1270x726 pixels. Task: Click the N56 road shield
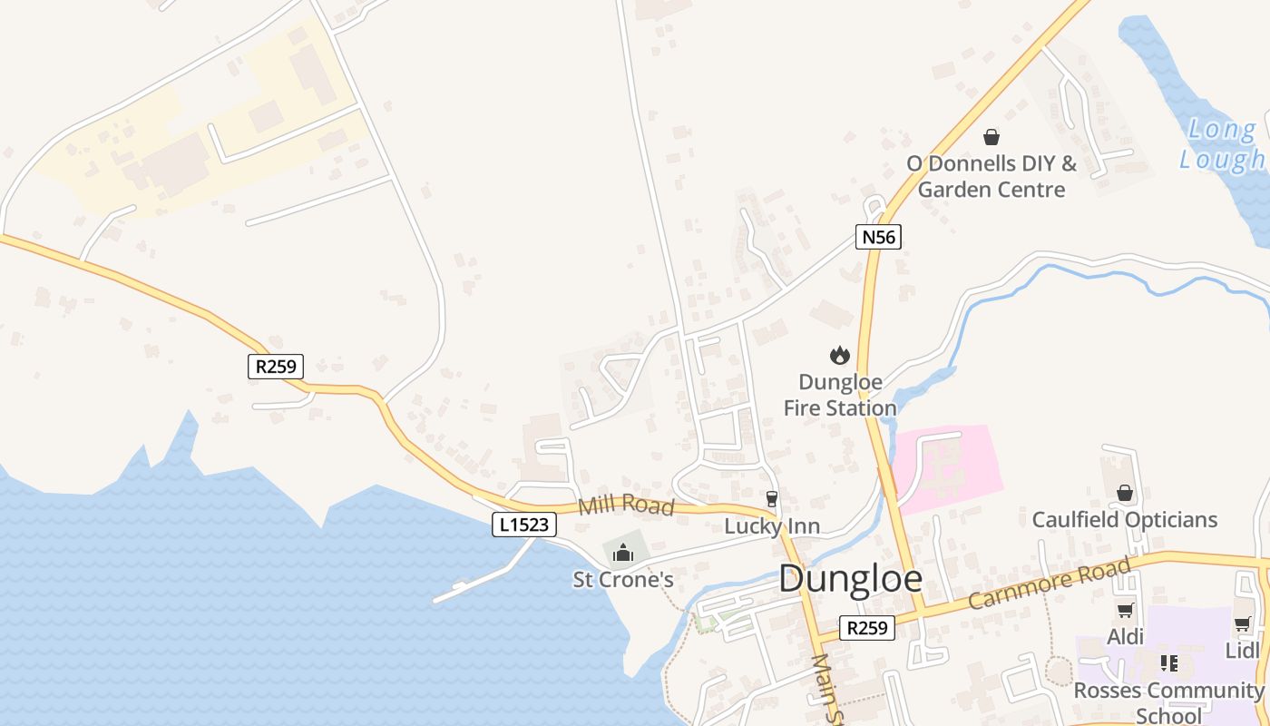pyautogui.click(x=878, y=238)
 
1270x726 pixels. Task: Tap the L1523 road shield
pyautogui.click(x=524, y=524)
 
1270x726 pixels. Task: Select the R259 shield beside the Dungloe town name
pyautogui.click(x=866, y=628)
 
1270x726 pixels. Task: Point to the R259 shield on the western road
pyautogui.click(x=276, y=367)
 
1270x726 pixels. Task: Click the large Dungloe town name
pyautogui.click(x=850, y=579)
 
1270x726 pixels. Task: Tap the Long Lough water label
pyautogui.click(x=1223, y=143)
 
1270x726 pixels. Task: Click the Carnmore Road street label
pyautogui.click(x=1050, y=584)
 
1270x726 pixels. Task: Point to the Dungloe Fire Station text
pyautogui.click(x=840, y=395)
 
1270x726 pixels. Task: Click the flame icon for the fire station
pyautogui.click(x=840, y=355)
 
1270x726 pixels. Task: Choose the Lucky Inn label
pyautogui.click(x=772, y=526)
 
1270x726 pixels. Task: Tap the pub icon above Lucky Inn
pyautogui.click(x=772, y=498)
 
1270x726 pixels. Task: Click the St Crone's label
pyautogui.click(x=623, y=579)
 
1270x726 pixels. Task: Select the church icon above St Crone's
pyautogui.click(x=623, y=552)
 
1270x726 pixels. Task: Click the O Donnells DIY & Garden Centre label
pyautogui.click(x=992, y=176)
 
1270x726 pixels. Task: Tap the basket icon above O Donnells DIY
pyautogui.click(x=992, y=137)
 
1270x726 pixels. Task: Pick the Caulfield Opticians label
pyautogui.click(x=1125, y=520)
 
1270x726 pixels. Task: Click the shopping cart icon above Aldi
pyautogui.click(x=1125, y=611)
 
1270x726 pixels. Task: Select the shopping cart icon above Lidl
pyautogui.click(x=1242, y=624)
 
